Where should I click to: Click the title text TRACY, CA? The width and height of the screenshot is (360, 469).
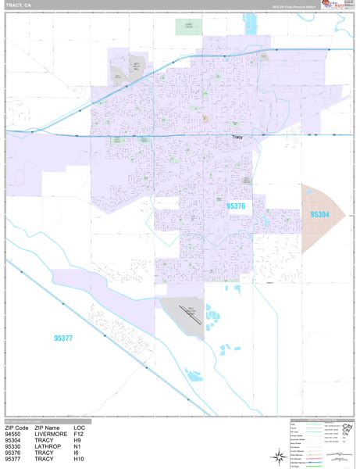(x=19, y=5)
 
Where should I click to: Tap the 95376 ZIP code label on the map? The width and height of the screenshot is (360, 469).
(x=236, y=206)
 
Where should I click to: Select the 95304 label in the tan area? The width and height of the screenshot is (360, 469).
(x=319, y=214)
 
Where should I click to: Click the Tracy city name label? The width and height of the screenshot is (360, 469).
(x=239, y=138)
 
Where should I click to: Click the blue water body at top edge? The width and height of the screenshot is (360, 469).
(x=251, y=21)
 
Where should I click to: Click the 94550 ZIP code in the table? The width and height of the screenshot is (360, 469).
(x=14, y=434)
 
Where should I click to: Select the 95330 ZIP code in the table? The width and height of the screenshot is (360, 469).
(x=14, y=446)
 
